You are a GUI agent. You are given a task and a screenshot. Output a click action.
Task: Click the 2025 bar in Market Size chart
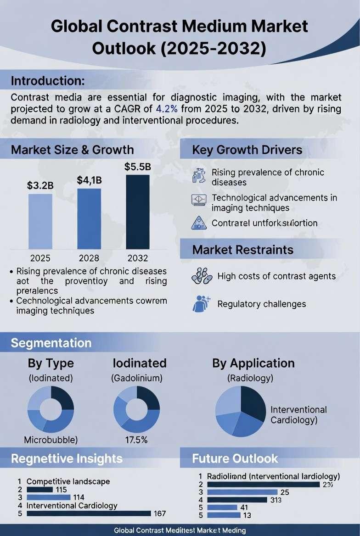click(x=40, y=221)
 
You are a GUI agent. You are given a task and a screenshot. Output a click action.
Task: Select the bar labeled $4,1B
click(x=89, y=218)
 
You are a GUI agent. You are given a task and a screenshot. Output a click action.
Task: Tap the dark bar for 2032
click(x=137, y=212)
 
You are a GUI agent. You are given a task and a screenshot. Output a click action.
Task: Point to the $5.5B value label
click(x=137, y=167)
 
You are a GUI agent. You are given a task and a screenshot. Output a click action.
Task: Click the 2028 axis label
click(x=89, y=258)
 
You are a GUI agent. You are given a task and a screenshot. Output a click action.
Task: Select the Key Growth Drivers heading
click(x=247, y=150)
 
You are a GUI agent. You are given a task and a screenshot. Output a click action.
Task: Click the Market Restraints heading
click(x=243, y=250)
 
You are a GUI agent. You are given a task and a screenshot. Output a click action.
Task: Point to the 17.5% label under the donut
click(x=136, y=440)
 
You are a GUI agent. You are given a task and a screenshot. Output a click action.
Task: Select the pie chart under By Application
click(x=241, y=411)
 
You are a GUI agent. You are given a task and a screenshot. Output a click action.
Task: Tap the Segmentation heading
click(x=51, y=343)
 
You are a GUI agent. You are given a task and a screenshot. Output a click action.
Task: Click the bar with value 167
click(x=89, y=514)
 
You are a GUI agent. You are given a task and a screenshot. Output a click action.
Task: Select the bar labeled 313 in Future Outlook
click(x=237, y=499)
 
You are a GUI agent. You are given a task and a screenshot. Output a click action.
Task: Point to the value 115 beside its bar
click(x=61, y=490)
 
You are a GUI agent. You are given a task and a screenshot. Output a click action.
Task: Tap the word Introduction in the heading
click(x=48, y=81)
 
